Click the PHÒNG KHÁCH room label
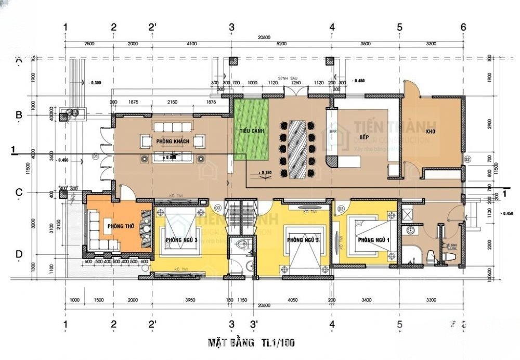[x=172, y=142]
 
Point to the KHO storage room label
[x=431, y=132]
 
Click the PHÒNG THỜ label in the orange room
[x=118, y=226]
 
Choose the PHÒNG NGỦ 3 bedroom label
[x=181, y=240]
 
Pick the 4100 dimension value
[x=191, y=44]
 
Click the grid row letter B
[x=18, y=115]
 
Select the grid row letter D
[x=18, y=254]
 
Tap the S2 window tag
[x=467, y=159]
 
